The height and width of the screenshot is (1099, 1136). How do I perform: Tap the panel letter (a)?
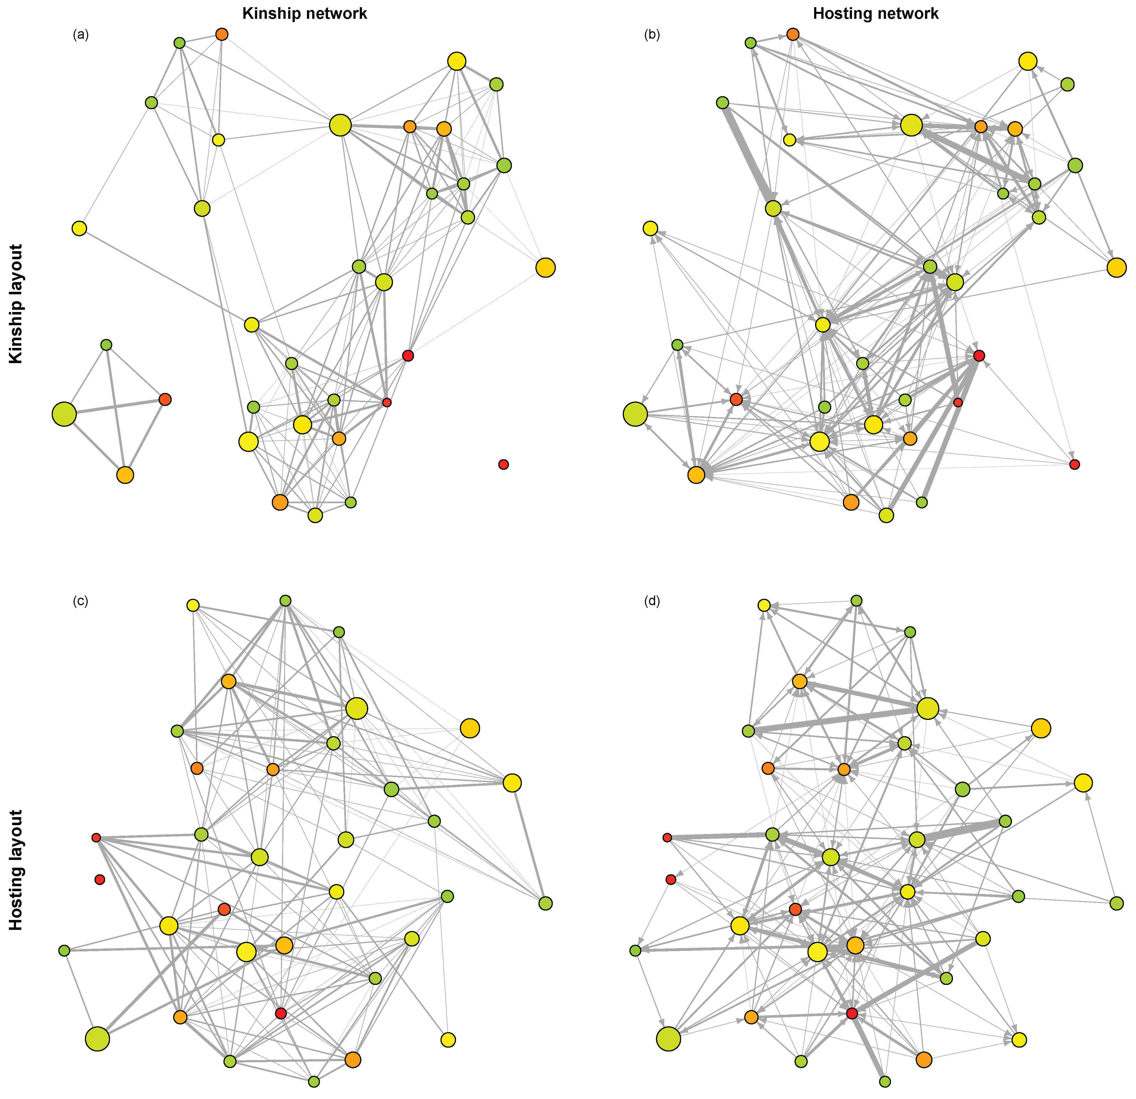click(x=80, y=35)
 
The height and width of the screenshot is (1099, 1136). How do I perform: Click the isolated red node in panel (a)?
click(x=503, y=464)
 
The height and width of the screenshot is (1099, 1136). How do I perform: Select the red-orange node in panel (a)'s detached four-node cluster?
click(x=165, y=399)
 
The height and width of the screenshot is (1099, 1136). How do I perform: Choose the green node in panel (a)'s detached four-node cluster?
click(x=106, y=345)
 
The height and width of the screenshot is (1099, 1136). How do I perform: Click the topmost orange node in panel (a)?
click(x=222, y=34)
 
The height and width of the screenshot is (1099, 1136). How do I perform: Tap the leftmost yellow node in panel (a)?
click(x=79, y=228)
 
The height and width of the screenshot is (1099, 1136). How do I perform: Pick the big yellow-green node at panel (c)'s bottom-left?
click(x=97, y=1039)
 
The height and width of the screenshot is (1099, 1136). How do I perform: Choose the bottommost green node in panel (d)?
click(x=884, y=1082)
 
